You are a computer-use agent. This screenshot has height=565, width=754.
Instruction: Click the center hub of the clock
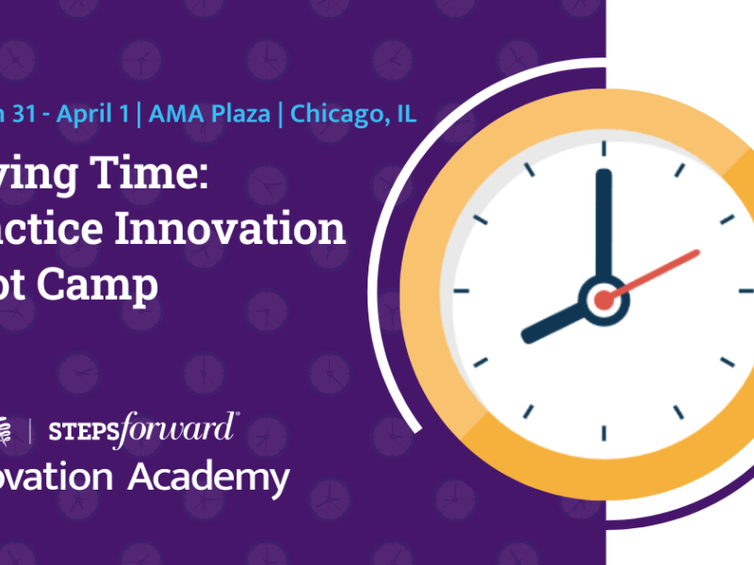[603, 299]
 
